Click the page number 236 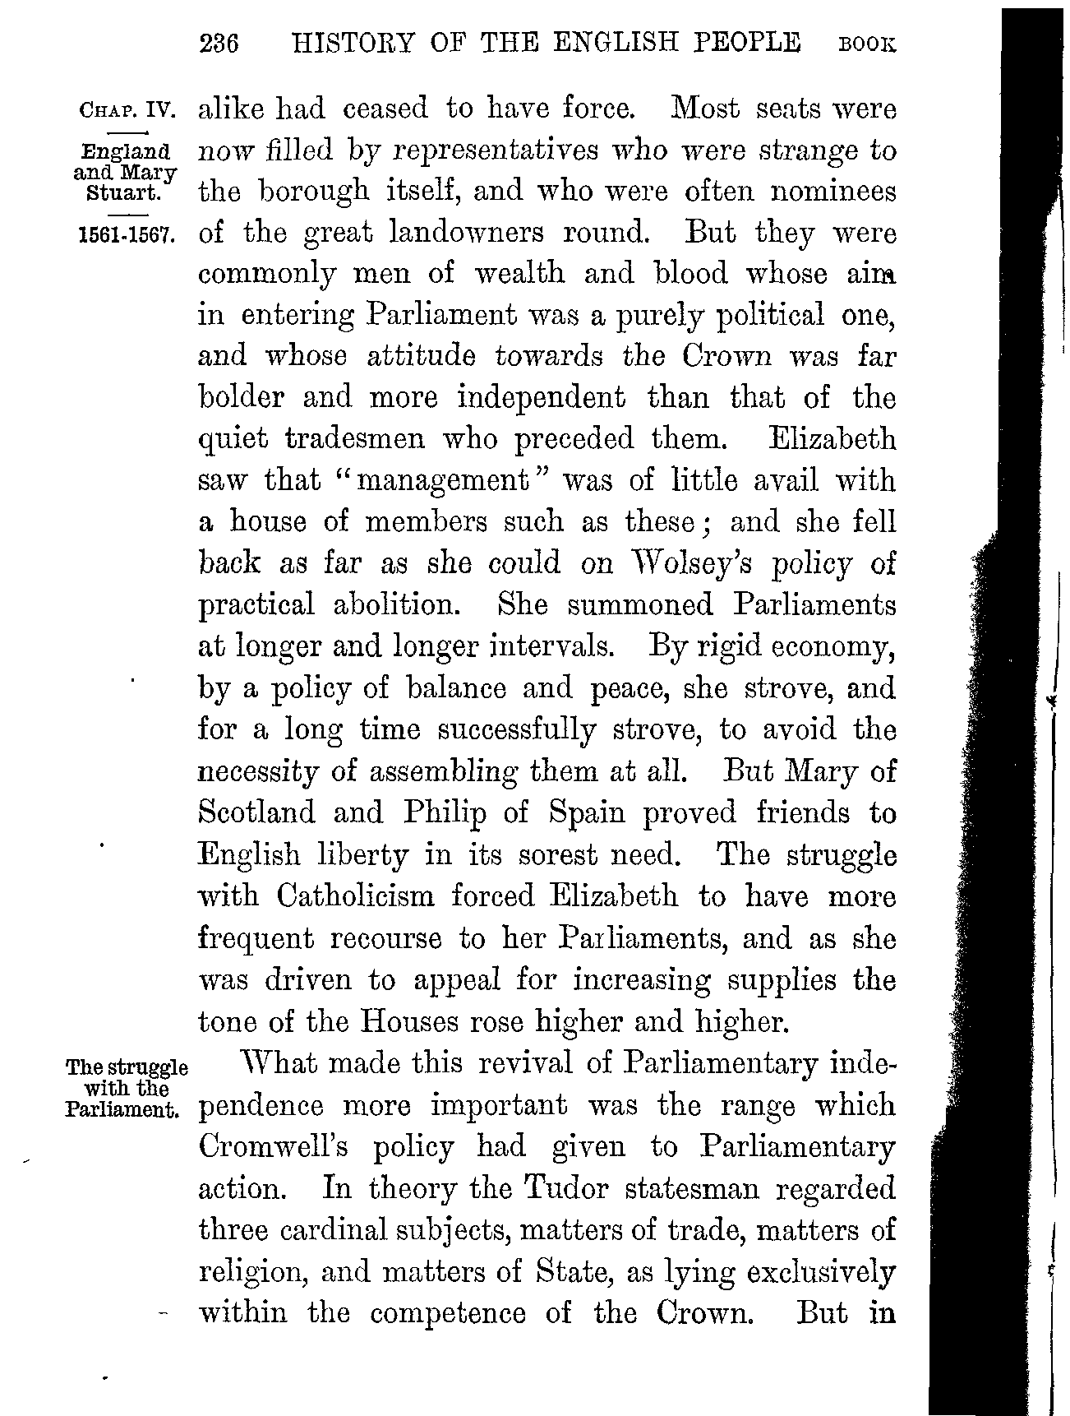(x=218, y=43)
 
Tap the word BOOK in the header (x=866, y=44)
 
